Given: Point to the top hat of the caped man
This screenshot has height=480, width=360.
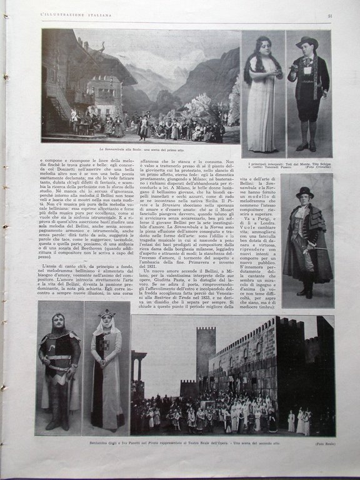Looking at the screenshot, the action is click(x=305, y=192).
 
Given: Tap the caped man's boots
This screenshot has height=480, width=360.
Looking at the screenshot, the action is click(x=305, y=291).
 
